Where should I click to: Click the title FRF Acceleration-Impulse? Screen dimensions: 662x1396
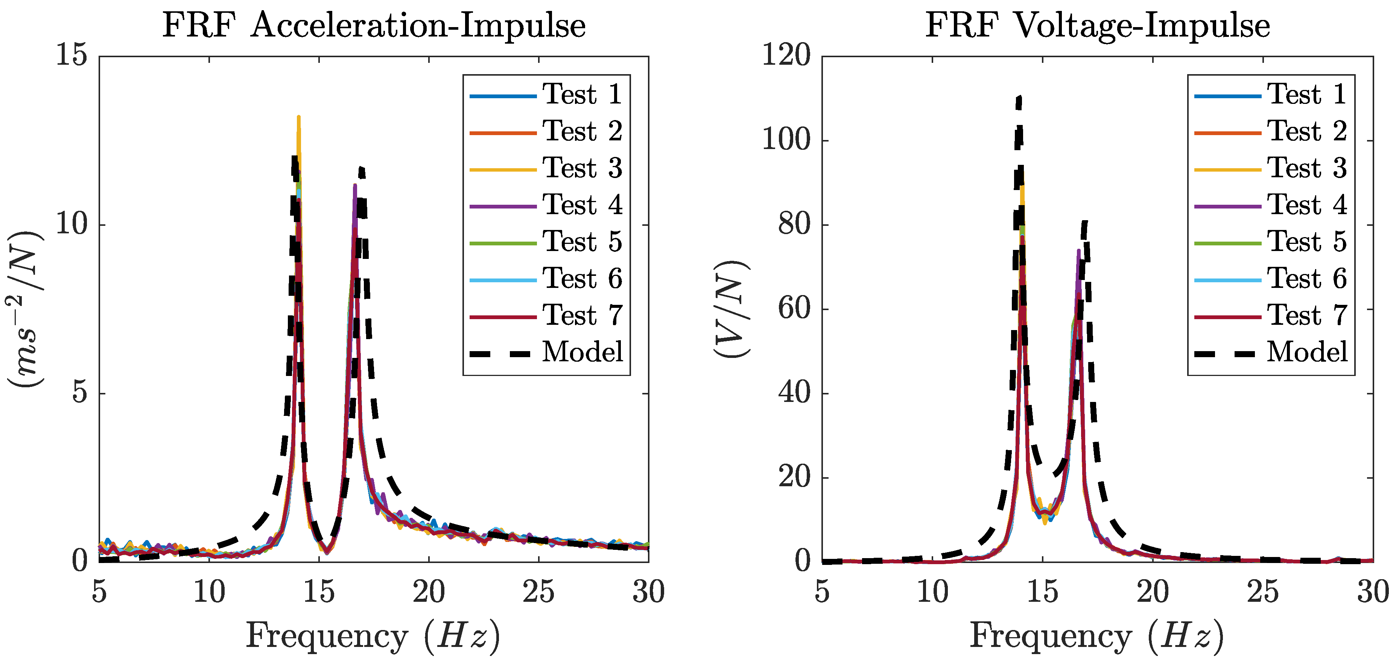(374, 26)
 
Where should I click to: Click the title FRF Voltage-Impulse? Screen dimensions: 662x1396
(1097, 26)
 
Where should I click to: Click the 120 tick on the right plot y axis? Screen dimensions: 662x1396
(786, 56)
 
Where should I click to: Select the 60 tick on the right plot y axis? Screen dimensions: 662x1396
(794, 309)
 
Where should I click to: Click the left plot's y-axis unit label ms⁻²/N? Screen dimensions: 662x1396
(26, 309)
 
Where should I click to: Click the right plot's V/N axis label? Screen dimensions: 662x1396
(731, 309)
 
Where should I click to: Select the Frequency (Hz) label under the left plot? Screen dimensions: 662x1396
(373, 636)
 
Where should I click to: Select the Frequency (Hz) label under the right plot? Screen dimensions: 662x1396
(1096, 636)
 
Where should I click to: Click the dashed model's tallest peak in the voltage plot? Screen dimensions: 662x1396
(1020, 97)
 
